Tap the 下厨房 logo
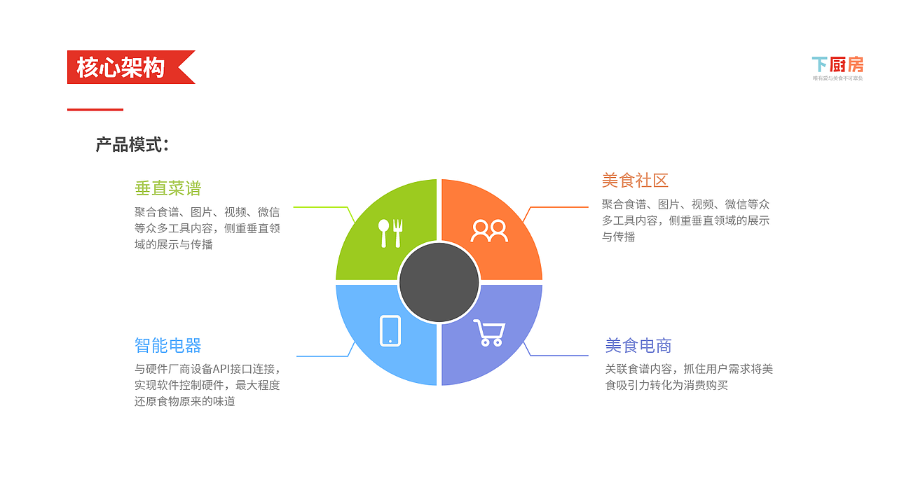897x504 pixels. click(x=837, y=65)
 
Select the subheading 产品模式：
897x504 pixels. click(x=132, y=145)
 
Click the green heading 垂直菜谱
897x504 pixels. click(x=168, y=188)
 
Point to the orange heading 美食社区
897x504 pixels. click(x=635, y=181)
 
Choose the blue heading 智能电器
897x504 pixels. click(x=168, y=346)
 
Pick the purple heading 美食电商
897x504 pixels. click(x=638, y=346)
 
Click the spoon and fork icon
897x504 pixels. click(x=390, y=232)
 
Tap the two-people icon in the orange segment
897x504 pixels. click(x=489, y=230)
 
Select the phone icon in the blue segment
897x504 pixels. click(x=390, y=330)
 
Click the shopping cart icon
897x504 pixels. click(x=489, y=332)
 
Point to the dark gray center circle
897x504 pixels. click(x=439, y=282)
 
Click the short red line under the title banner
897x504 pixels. click(x=95, y=109)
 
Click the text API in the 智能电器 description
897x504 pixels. click(x=222, y=369)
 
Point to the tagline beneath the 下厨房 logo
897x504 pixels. click(x=837, y=78)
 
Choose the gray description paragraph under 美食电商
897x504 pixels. click(x=689, y=377)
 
